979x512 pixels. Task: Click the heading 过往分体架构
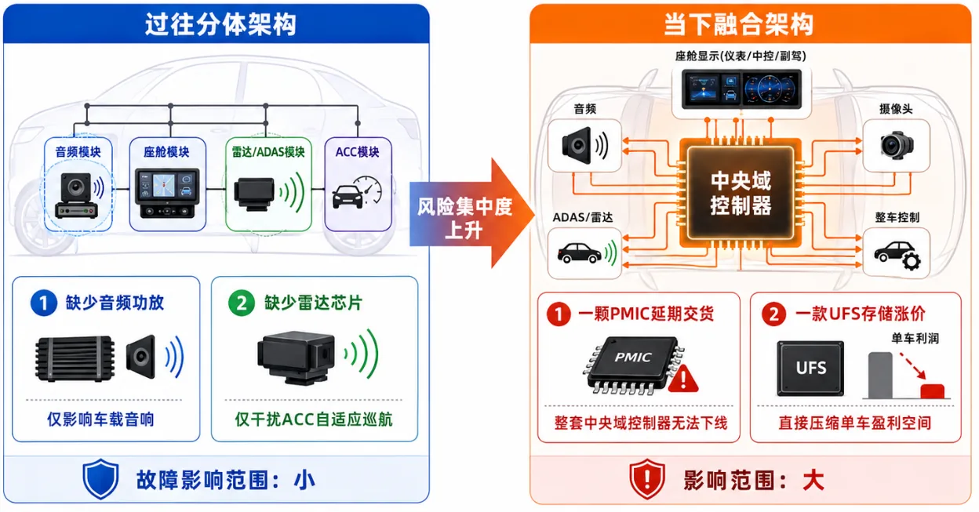[220, 24]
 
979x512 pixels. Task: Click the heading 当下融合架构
[739, 24]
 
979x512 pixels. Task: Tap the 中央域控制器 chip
[741, 193]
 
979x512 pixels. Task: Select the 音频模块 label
[78, 152]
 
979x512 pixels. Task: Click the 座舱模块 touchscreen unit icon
[167, 193]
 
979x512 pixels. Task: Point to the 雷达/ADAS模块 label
[268, 152]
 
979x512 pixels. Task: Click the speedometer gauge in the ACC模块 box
[369, 189]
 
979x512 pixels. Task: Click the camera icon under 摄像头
[897, 144]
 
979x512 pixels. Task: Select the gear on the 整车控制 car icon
[912, 261]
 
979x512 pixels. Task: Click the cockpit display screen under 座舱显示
[741, 89]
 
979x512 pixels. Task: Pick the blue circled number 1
[44, 303]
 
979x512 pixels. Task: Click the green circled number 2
[242, 303]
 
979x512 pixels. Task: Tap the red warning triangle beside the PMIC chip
[683, 379]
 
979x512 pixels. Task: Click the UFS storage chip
[811, 369]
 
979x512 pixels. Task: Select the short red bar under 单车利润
[933, 391]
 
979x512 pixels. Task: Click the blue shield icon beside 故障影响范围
[101, 479]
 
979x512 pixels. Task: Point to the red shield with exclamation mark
[647, 479]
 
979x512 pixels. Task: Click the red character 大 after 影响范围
[813, 481]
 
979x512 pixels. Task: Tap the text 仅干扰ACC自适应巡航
[314, 419]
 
